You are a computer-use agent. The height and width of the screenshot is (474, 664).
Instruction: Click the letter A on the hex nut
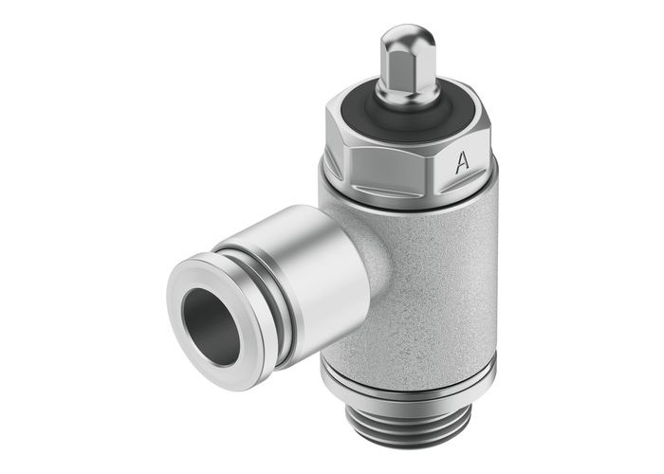point(462,162)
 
